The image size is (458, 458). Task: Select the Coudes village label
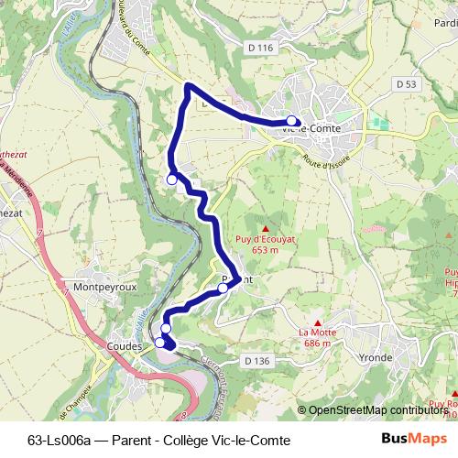pos(125,347)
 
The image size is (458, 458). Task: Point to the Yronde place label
pos(376,357)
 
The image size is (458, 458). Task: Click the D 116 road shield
pos(260,48)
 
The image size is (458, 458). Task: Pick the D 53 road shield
pos(407,83)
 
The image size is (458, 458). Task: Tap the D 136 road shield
pos(257,362)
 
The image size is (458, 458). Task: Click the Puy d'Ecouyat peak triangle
pos(266,228)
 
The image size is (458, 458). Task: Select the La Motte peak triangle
pos(317,322)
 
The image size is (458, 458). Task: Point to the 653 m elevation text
pos(265,250)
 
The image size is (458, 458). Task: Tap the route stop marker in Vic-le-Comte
pos(291,121)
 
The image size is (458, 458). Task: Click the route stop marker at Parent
pos(223,289)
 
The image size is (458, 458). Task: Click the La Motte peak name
pos(316,333)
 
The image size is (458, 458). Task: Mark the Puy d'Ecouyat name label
pos(265,239)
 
